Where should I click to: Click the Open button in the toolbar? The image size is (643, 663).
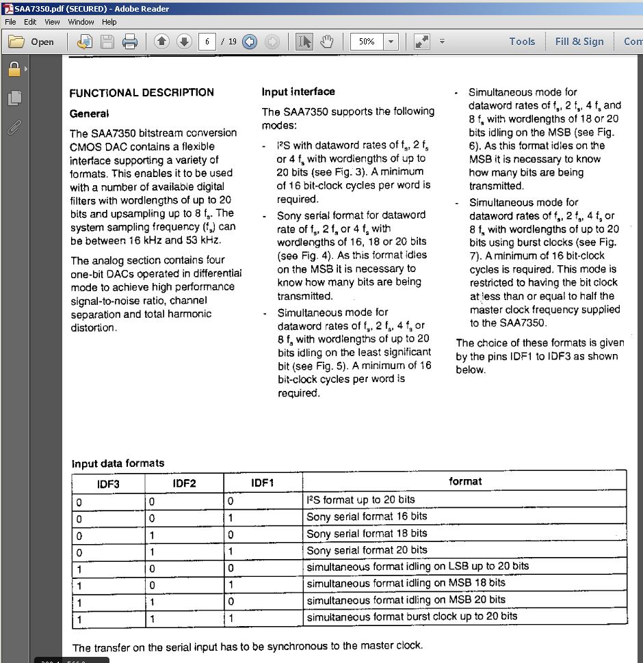click(x=31, y=42)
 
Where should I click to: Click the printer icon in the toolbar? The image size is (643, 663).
click(x=130, y=42)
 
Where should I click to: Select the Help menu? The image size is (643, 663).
click(x=109, y=22)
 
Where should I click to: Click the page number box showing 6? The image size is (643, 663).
click(x=206, y=42)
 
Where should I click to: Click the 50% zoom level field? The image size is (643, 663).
click(x=367, y=42)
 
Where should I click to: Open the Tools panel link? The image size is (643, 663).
click(x=522, y=42)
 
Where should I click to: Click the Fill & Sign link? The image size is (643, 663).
click(x=579, y=42)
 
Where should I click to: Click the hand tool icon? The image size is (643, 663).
click(x=326, y=42)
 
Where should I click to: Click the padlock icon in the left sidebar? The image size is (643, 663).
click(x=13, y=69)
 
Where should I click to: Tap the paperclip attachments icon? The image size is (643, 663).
click(x=13, y=127)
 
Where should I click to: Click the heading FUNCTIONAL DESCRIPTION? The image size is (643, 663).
click(x=142, y=92)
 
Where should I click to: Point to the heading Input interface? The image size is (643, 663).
click(x=298, y=92)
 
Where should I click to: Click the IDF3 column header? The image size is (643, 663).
click(x=108, y=483)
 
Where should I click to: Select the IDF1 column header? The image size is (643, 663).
click(x=263, y=483)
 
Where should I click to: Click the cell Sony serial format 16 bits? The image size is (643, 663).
click(x=367, y=517)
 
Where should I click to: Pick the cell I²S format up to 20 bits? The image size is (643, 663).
click(x=360, y=500)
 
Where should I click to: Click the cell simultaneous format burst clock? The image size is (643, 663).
click(x=412, y=617)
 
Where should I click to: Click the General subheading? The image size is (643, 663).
click(x=89, y=113)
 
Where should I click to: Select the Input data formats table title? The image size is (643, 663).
click(x=118, y=463)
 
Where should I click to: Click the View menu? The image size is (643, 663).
click(x=52, y=22)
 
